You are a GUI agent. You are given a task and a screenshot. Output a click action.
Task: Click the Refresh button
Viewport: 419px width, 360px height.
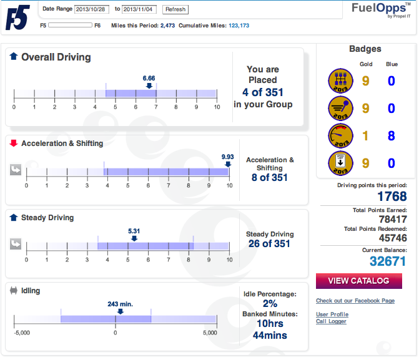coord(175,9)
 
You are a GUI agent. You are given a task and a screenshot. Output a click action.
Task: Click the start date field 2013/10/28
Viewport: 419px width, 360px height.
coord(92,9)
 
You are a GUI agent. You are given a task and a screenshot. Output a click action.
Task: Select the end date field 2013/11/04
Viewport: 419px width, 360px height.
coord(140,9)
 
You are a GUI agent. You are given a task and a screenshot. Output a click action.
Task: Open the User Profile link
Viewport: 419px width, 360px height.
coord(332,314)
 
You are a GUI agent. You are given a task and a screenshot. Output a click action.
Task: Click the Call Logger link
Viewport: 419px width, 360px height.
coord(331,322)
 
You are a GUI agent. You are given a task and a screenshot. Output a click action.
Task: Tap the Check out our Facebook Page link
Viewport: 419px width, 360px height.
coord(355,301)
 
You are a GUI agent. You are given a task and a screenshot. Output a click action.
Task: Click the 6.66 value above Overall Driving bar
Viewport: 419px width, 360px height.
coord(149,78)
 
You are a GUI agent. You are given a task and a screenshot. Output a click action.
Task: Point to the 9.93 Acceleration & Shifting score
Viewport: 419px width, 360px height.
coord(227,156)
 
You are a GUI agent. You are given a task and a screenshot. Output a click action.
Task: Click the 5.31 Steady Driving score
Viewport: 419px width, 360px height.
coord(134,231)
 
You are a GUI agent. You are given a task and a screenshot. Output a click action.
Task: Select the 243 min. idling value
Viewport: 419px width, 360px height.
coord(120,304)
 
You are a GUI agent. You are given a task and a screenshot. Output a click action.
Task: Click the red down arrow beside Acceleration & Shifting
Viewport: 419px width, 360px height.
coord(14,144)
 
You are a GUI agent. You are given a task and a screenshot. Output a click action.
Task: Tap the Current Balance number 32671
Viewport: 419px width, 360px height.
coord(387,261)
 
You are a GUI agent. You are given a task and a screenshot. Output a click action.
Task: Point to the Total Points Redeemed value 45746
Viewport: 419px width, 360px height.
coord(392,238)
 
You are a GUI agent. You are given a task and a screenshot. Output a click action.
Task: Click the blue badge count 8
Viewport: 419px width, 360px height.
coord(392,135)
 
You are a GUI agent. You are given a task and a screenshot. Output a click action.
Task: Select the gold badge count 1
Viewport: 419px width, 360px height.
coord(366,135)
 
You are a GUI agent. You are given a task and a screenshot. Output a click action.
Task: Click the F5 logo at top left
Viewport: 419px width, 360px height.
coord(17,17)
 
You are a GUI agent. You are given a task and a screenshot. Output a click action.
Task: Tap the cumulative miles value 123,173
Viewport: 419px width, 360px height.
coord(230,26)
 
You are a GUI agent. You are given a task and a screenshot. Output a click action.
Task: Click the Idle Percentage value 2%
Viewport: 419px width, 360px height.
coord(270,303)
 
